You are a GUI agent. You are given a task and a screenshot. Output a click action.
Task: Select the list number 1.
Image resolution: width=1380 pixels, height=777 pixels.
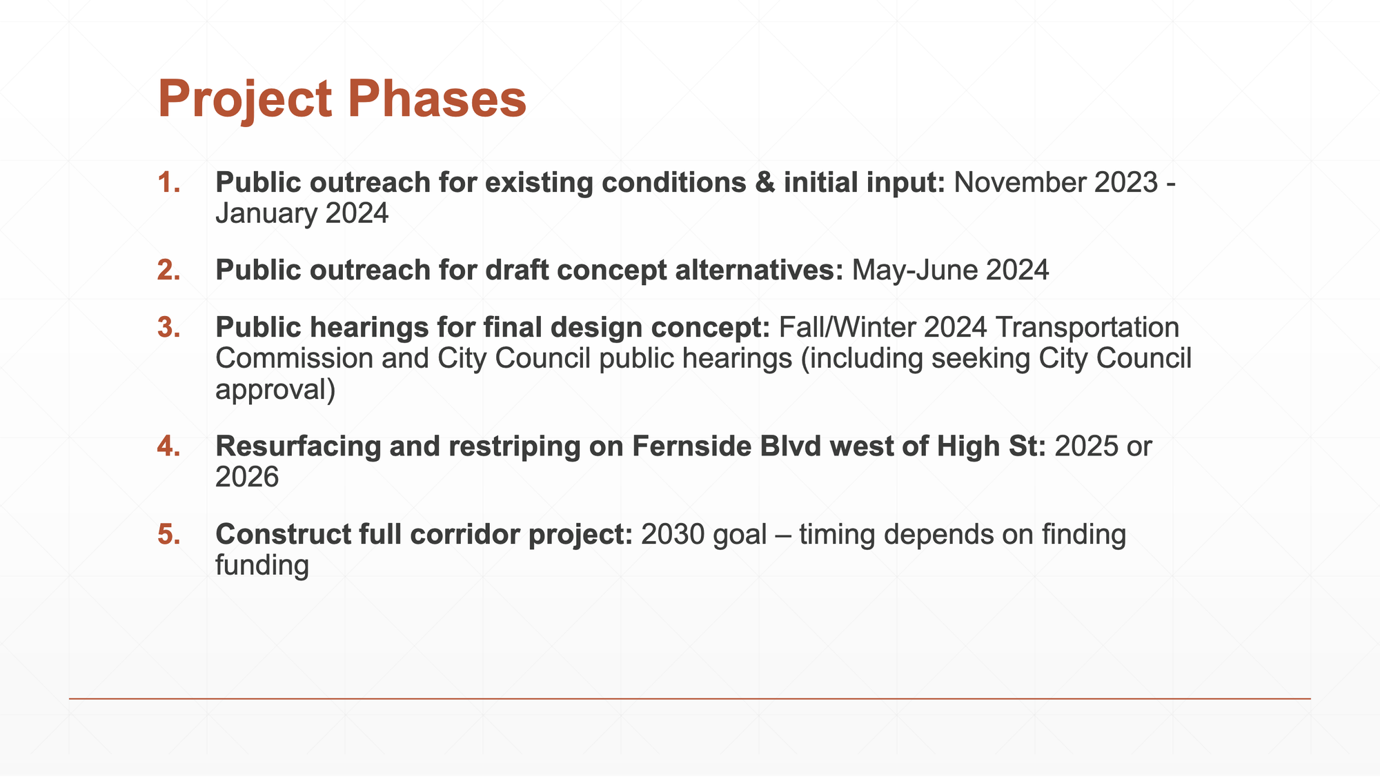(x=169, y=183)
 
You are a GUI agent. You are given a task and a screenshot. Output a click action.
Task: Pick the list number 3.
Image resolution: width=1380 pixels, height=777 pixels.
(x=169, y=328)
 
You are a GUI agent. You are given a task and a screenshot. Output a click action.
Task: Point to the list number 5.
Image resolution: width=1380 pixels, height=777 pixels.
(x=169, y=535)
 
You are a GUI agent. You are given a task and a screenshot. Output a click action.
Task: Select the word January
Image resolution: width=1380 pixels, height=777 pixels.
(x=266, y=214)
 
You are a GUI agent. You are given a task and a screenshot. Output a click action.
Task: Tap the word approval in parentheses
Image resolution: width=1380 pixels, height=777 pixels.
(x=270, y=391)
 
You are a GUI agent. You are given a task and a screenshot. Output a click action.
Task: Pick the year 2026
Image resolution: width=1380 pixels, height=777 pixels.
(x=247, y=478)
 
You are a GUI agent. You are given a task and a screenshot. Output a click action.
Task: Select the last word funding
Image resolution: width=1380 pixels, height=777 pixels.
(x=262, y=566)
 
